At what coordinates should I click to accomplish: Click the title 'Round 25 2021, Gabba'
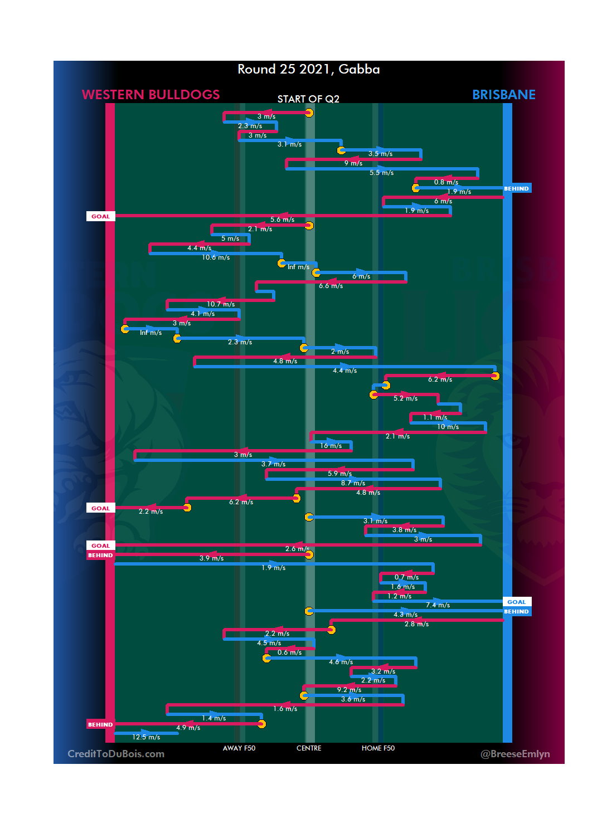pos(308,69)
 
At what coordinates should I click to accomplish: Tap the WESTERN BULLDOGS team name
pos(151,95)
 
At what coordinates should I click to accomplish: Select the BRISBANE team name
pos(503,95)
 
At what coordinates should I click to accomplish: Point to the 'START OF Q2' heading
pos(308,99)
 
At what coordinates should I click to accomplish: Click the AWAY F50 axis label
pos(239,748)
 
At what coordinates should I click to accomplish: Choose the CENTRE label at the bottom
pos(309,748)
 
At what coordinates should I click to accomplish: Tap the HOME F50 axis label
pos(378,748)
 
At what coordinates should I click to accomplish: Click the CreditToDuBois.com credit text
pos(116,754)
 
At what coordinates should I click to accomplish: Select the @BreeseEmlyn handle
pos(515,754)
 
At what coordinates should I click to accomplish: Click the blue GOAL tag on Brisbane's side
pos(517,602)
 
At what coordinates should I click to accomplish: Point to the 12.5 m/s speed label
pos(146,737)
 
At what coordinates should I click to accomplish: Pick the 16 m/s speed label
pos(331,446)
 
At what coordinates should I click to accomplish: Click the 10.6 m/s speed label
pos(216,257)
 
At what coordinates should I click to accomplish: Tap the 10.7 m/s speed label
pos(221,304)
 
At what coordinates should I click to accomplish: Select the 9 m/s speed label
pos(353,163)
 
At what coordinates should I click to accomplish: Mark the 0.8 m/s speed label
pos(446,182)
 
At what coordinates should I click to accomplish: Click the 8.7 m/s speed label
pos(353,483)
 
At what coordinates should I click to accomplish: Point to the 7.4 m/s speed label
pos(438,605)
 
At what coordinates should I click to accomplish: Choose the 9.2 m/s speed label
pos(349,690)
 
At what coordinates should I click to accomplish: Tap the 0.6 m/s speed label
pos(289,652)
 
